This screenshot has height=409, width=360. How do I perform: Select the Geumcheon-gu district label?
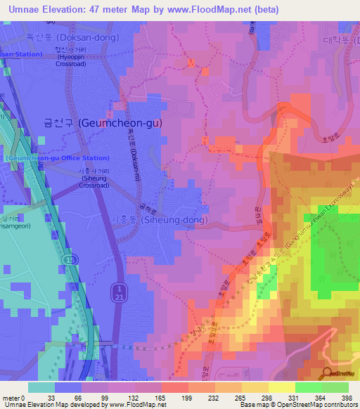(103, 122)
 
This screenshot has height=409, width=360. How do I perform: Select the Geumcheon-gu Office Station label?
(58, 158)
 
